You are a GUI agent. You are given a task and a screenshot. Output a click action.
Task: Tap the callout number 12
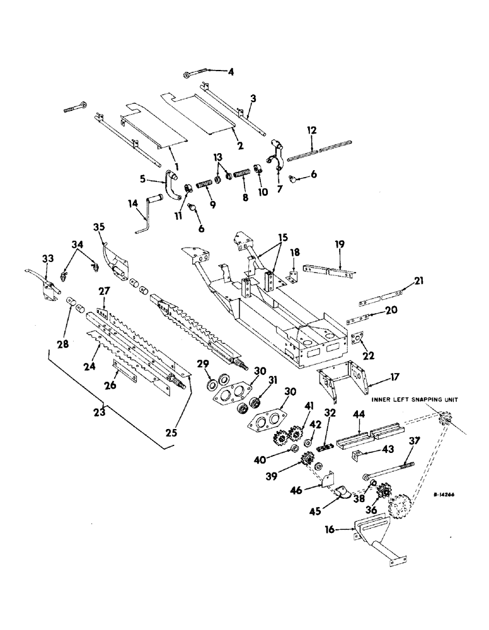pyautogui.click(x=311, y=130)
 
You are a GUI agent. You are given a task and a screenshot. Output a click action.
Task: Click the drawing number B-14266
pyautogui.click(x=435, y=495)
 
